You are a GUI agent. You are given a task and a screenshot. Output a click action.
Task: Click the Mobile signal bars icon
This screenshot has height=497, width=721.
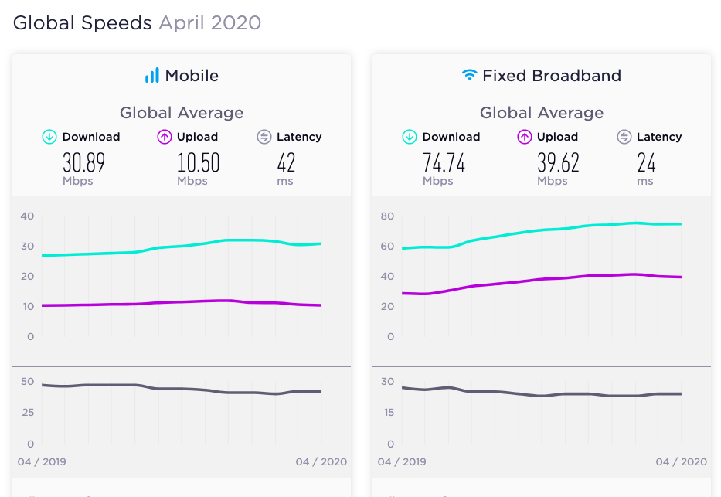pos(152,76)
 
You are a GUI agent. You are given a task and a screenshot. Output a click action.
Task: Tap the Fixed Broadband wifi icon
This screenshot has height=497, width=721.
pos(470,74)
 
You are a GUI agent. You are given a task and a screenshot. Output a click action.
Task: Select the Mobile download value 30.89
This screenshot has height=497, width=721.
pos(83,163)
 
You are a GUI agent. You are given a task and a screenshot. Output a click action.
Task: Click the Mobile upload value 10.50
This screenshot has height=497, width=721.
pos(198,163)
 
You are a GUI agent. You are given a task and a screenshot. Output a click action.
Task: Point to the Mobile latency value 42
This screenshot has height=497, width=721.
pos(286,163)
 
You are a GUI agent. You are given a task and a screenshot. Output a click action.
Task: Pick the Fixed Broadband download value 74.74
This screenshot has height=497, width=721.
pos(444,163)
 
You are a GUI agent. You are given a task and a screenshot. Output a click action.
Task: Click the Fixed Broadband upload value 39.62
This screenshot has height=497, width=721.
pos(558,163)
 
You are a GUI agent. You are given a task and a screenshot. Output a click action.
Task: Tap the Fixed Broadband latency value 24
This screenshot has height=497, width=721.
pos(646,163)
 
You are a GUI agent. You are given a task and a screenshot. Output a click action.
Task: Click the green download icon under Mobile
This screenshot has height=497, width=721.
pos(49,137)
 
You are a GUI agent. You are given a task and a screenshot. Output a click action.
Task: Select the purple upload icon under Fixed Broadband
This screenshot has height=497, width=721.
pos(524,137)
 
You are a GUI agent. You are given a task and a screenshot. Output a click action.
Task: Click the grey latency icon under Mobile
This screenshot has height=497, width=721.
pos(264,137)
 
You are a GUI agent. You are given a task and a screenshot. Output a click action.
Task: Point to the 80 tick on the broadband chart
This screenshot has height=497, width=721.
pos(387,216)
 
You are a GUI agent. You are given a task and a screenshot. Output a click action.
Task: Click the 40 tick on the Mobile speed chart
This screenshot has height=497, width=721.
pos(27,216)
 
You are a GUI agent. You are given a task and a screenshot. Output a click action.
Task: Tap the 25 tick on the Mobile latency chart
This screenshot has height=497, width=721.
pos(28,413)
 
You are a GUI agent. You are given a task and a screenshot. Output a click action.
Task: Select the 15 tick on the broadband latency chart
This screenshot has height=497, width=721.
pos(389,413)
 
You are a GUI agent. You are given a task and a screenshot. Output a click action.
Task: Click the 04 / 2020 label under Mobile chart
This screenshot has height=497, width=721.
pos(321,461)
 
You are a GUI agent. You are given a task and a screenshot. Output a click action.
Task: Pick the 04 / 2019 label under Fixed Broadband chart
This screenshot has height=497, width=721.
pos(402,461)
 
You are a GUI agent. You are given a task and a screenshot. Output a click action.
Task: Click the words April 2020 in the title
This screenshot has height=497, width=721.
pos(210,23)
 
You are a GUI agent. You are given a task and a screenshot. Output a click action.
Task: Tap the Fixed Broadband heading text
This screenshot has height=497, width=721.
pos(552,76)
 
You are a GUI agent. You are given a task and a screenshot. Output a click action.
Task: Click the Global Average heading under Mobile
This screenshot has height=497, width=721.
pos(182,113)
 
